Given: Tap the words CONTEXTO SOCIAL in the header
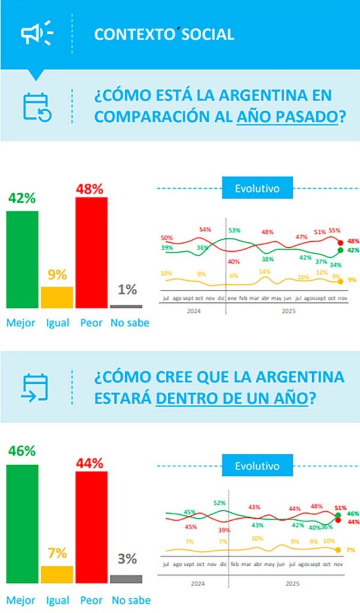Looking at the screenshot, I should [164, 34].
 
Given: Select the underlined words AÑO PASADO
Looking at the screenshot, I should [286, 115].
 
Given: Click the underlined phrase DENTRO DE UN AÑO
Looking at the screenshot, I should [231, 397].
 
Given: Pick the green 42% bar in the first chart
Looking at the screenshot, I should [22, 259].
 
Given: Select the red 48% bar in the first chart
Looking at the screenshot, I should [91, 252].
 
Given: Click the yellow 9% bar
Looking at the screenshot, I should [57, 297].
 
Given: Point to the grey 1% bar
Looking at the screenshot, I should [126, 306].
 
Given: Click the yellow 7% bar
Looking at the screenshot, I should [57, 574].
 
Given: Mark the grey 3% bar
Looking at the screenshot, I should [126, 579].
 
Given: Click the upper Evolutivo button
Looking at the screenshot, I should [258, 188].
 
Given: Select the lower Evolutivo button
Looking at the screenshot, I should [258, 465].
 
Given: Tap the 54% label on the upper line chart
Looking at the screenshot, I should [205, 230].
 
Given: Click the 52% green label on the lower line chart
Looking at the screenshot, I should [219, 503].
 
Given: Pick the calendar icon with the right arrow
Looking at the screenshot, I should [35, 387].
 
